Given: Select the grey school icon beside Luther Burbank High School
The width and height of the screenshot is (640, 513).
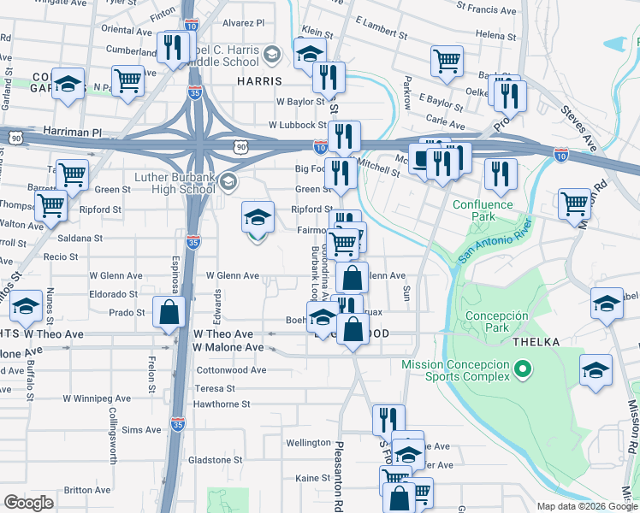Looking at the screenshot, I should tap(228, 181).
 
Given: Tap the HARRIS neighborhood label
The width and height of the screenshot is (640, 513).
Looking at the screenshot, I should tap(259, 81).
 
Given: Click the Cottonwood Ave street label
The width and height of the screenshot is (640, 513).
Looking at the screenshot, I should tap(231, 371).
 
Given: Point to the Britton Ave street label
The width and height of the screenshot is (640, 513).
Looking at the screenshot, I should tap(86, 490).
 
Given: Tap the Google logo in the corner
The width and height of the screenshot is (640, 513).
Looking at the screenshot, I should tap(28, 502).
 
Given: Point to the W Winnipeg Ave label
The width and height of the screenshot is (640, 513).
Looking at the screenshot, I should tap(97, 398).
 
